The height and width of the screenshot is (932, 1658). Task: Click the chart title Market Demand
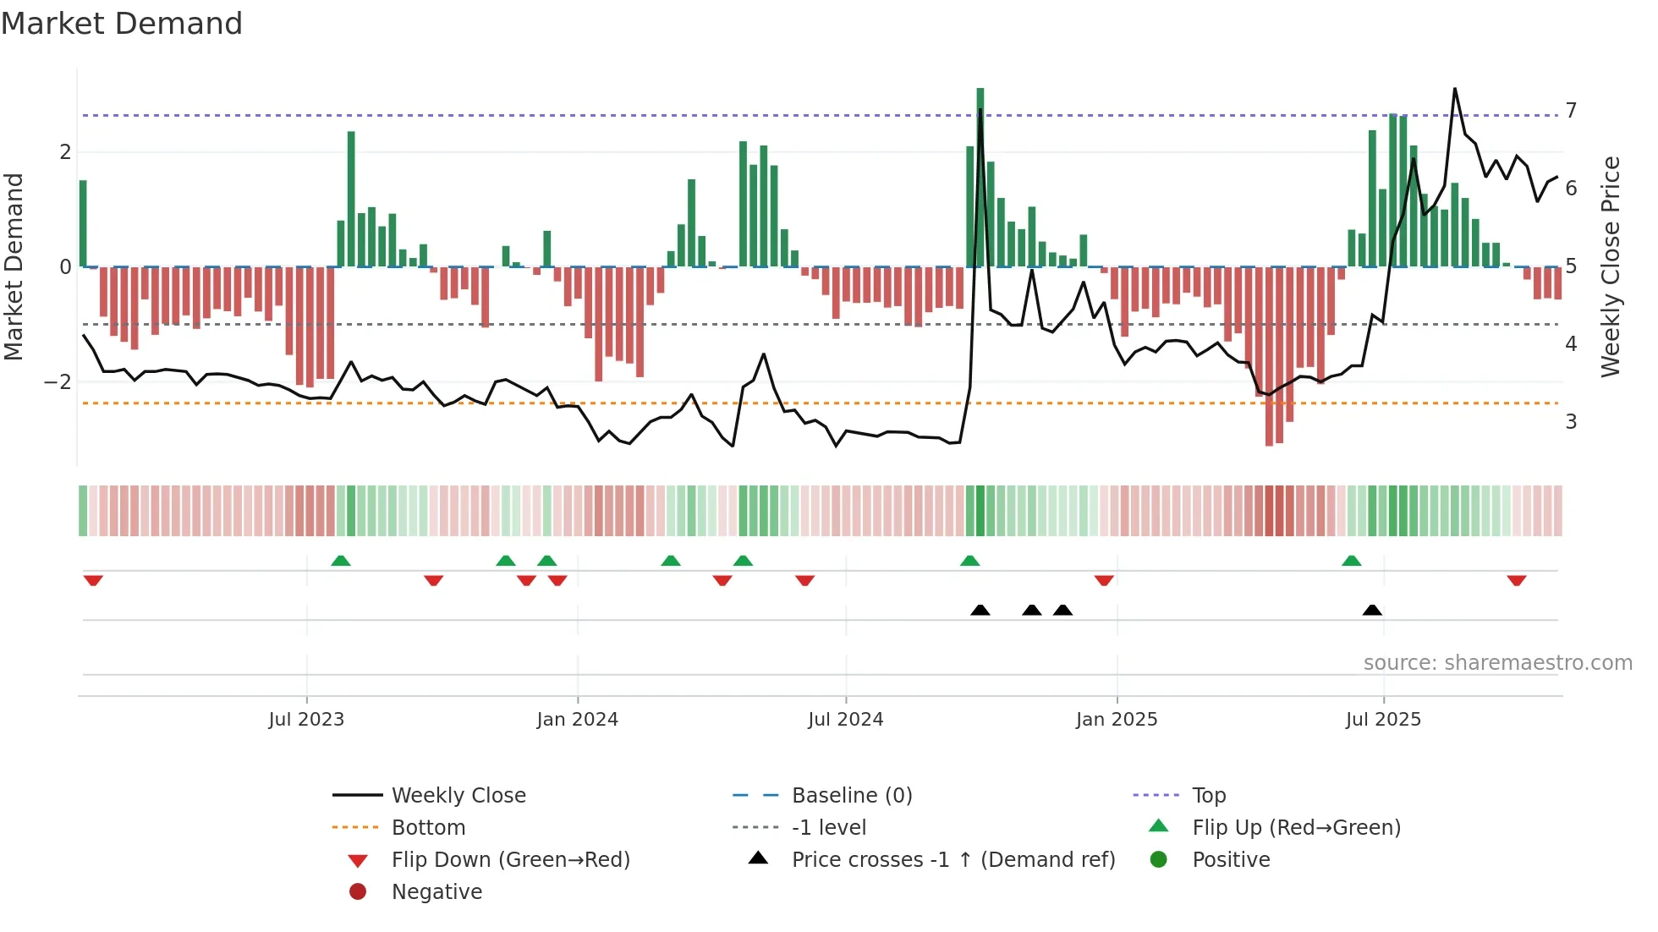click(x=122, y=24)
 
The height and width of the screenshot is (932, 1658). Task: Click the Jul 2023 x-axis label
click(x=306, y=720)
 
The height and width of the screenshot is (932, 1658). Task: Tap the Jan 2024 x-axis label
click(x=577, y=720)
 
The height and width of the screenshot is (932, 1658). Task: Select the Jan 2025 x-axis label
click(x=1116, y=720)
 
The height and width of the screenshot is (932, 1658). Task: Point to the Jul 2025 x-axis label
click(x=1383, y=720)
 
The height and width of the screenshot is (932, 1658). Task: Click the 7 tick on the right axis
click(x=1571, y=111)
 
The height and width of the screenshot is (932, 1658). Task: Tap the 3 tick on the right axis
click(x=1571, y=422)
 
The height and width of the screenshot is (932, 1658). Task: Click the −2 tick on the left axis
click(x=58, y=382)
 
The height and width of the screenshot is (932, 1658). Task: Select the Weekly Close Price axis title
click(x=1611, y=266)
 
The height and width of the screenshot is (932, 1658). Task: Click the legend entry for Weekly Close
click(x=458, y=796)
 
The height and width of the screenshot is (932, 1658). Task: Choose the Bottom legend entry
click(x=428, y=828)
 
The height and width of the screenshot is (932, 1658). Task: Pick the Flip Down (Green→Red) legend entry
click(x=510, y=860)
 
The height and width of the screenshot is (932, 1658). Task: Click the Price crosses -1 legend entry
click(x=953, y=860)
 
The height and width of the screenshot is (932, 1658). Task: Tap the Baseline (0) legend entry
click(x=851, y=796)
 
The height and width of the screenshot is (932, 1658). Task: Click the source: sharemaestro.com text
click(x=1497, y=663)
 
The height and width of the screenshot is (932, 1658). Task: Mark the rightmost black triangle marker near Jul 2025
click(x=1372, y=610)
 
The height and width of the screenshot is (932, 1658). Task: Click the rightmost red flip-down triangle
click(x=1516, y=580)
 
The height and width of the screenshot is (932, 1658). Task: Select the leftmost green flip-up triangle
click(x=341, y=561)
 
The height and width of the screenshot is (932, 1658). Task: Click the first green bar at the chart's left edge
click(x=83, y=224)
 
